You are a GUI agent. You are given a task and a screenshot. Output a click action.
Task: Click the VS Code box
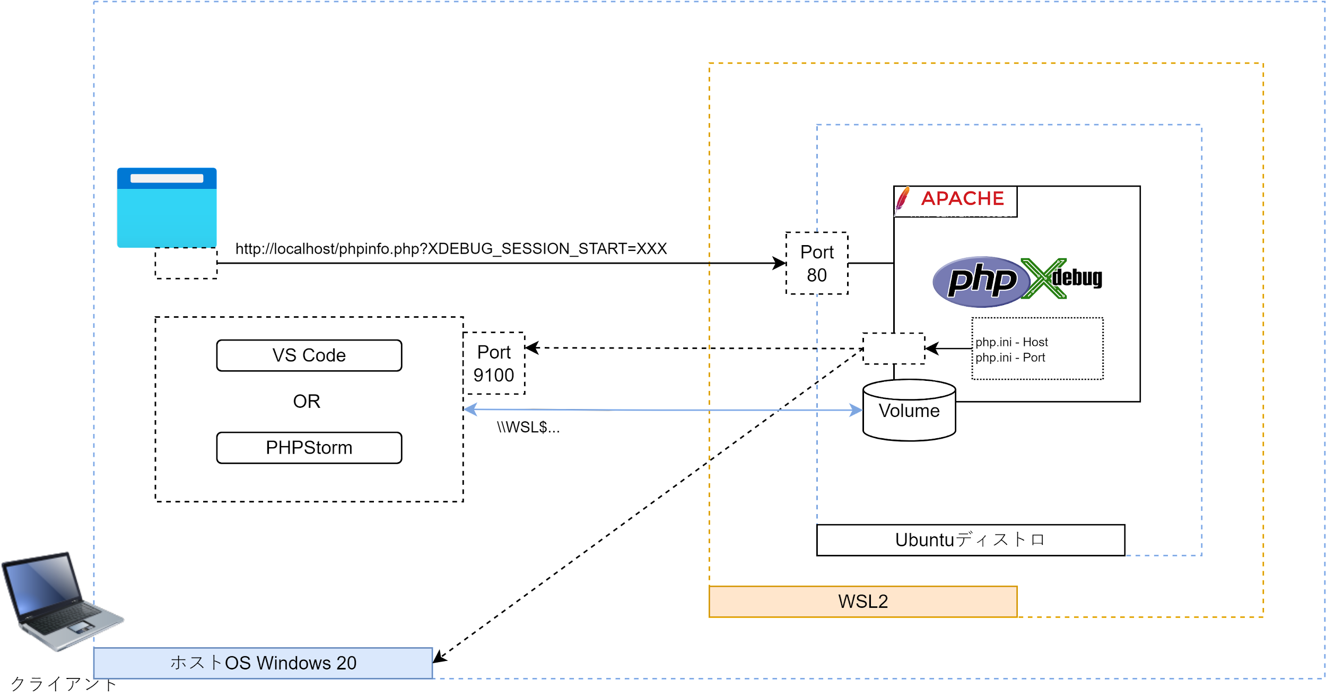point(309,355)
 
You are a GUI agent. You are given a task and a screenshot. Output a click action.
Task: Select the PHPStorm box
point(309,447)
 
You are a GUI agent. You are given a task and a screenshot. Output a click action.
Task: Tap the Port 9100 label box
point(494,363)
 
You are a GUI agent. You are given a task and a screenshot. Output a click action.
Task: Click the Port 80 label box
point(817,263)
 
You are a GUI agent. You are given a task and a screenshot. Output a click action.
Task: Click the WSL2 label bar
point(863,601)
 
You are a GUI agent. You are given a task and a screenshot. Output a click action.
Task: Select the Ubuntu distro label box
point(970,540)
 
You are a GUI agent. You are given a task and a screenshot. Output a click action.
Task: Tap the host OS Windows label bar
point(263,663)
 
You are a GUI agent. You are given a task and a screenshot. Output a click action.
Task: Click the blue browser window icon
point(167,207)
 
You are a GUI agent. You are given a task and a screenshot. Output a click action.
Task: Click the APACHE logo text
point(963,198)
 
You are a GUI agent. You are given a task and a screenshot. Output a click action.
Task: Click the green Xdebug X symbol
point(1043,279)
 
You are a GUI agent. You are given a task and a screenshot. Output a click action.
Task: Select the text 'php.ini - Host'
point(1011,342)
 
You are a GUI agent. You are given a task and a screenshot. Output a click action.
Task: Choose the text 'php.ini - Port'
point(1010,358)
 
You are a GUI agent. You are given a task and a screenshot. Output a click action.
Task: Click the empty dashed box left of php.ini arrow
point(894,349)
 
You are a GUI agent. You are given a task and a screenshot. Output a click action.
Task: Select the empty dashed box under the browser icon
point(186,263)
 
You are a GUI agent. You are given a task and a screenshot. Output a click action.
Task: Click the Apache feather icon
point(902,200)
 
